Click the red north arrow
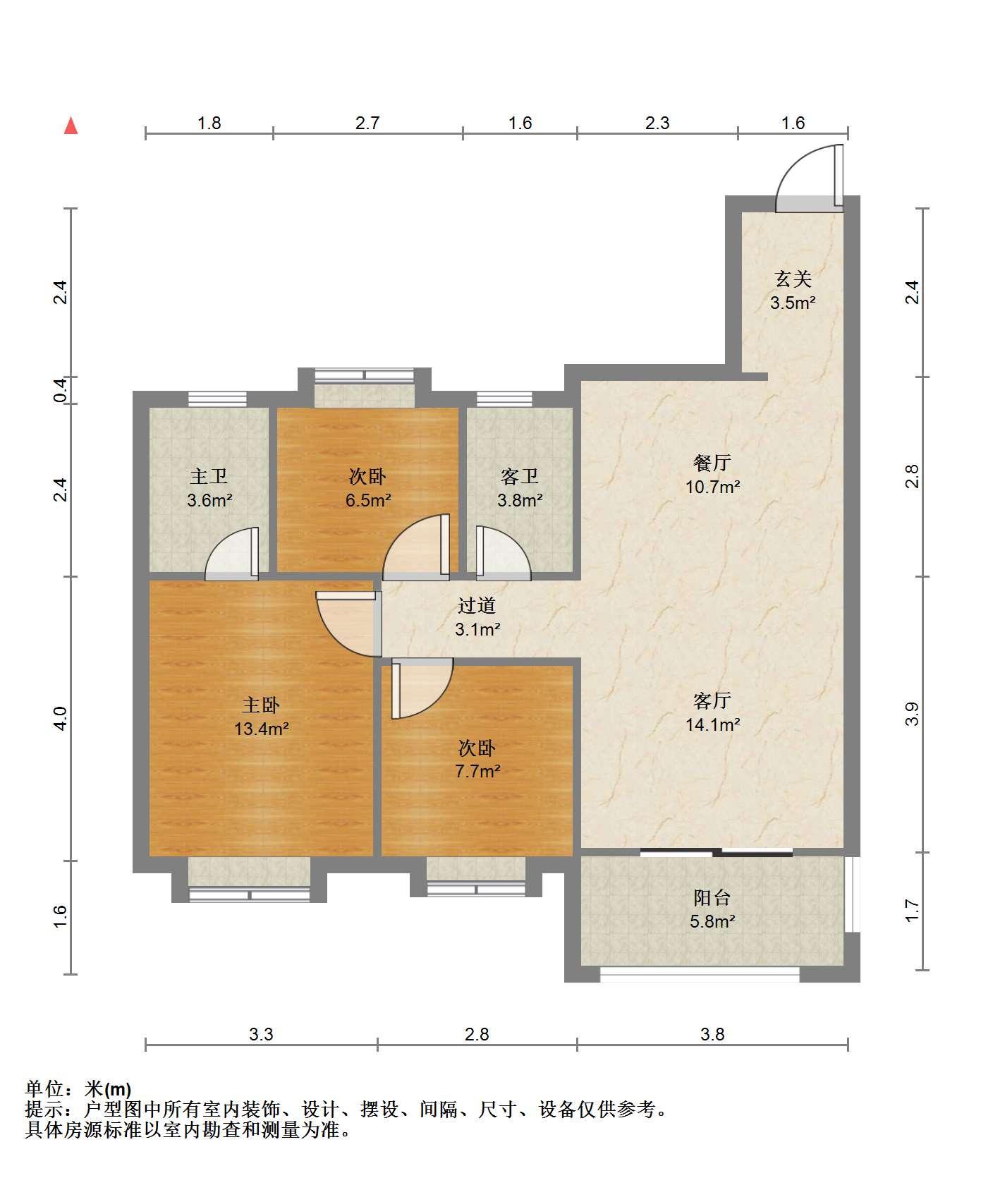[x=71, y=126]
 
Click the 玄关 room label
[x=793, y=279]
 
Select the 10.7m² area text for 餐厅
[x=712, y=487]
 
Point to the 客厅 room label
[x=712, y=700]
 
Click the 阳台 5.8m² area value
[x=712, y=921]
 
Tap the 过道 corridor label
[x=477, y=605]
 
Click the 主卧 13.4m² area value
[x=262, y=729]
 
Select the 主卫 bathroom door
[x=232, y=554]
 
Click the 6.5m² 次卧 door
[x=416, y=547]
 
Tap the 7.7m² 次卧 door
[x=422, y=688]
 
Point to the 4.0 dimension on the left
[x=61, y=718]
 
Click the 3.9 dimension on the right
[x=913, y=714]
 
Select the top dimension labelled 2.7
[x=367, y=123]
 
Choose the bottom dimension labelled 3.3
[x=261, y=1035]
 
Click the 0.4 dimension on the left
[x=61, y=390]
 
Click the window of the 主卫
[x=218, y=399]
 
